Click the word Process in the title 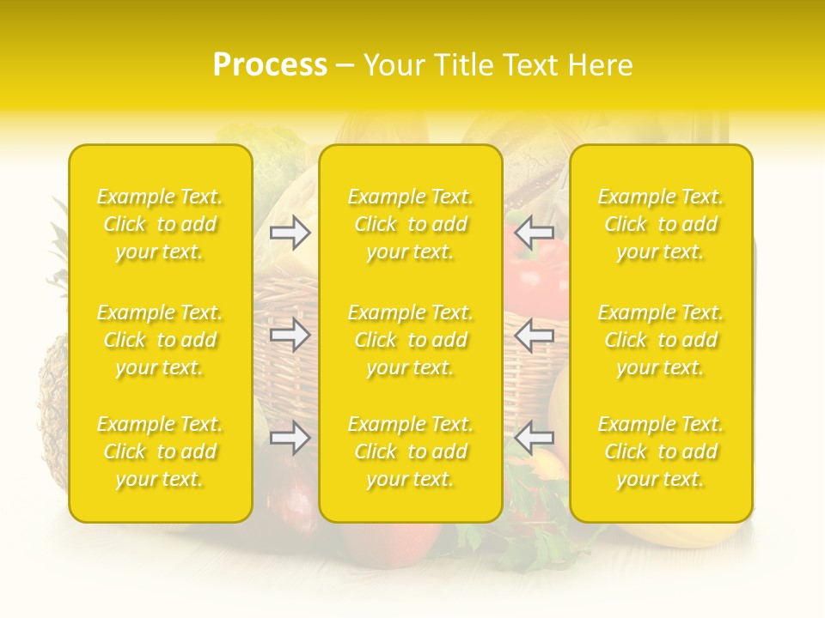coord(270,65)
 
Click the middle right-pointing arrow coord(290,335)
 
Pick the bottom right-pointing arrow coord(290,439)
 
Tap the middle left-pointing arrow coord(535,335)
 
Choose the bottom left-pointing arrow coord(535,439)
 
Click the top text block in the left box coord(160,224)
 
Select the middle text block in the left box coord(160,340)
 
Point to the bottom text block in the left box coord(160,451)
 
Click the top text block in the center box coord(410,224)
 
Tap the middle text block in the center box coord(410,340)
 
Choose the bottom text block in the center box coord(410,451)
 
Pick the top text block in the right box coord(660,224)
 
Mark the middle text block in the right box coord(660,340)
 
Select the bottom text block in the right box coord(660,451)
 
